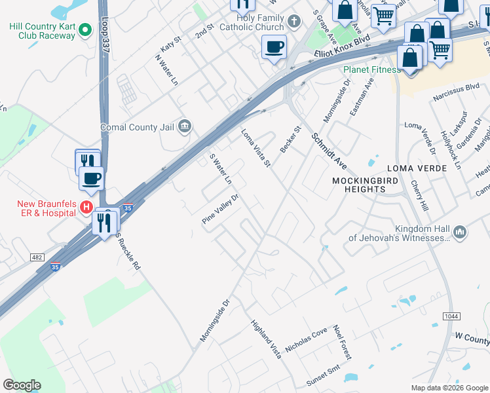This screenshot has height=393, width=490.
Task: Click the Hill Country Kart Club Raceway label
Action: click(x=42, y=31)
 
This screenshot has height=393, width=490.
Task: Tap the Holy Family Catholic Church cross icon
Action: click(x=294, y=21)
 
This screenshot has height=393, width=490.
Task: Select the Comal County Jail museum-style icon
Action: click(x=184, y=126)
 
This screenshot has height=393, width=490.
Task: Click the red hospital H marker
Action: click(x=85, y=208)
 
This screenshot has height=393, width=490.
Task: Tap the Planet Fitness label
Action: click(x=372, y=69)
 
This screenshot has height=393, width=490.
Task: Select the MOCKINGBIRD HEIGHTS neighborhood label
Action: click(x=358, y=185)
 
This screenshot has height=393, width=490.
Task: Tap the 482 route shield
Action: click(x=37, y=257)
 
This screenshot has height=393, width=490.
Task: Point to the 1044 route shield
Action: click(x=451, y=316)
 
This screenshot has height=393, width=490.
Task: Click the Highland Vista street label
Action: click(x=267, y=339)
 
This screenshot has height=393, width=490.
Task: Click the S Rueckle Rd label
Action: click(x=128, y=252)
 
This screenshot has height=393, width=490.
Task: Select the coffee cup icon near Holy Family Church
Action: click(x=274, y=47)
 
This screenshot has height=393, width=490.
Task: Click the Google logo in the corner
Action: click(x=22, y=385)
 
